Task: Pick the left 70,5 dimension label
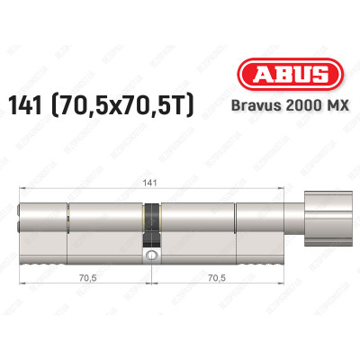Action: [x=85, y=278]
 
